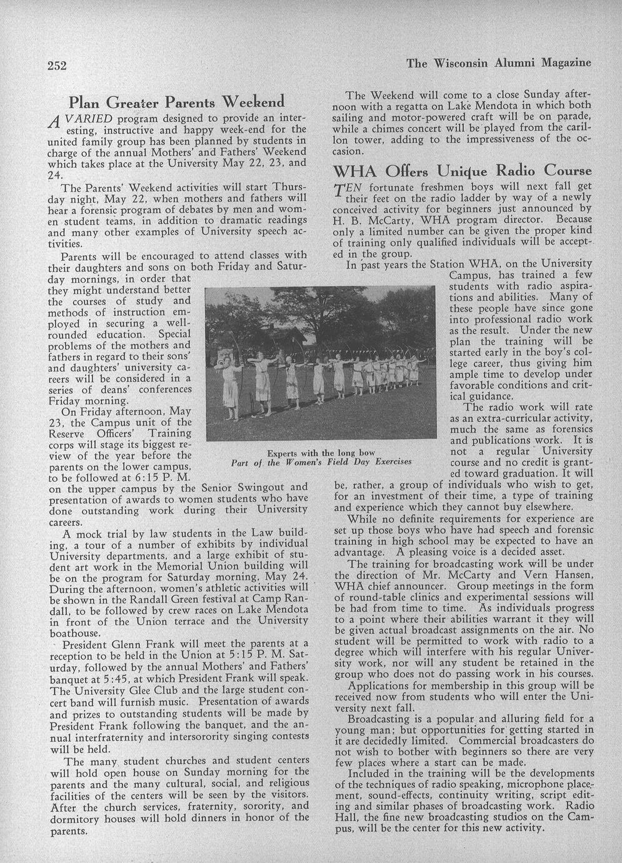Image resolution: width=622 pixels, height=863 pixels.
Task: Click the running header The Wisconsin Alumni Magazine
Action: pyautogui.click(x=498, y=63)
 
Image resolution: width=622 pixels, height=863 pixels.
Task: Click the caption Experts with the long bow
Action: pyautogui.click(x=321, y=453)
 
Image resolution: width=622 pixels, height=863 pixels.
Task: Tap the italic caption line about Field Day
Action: pyautogui.click(x=321, y=462)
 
